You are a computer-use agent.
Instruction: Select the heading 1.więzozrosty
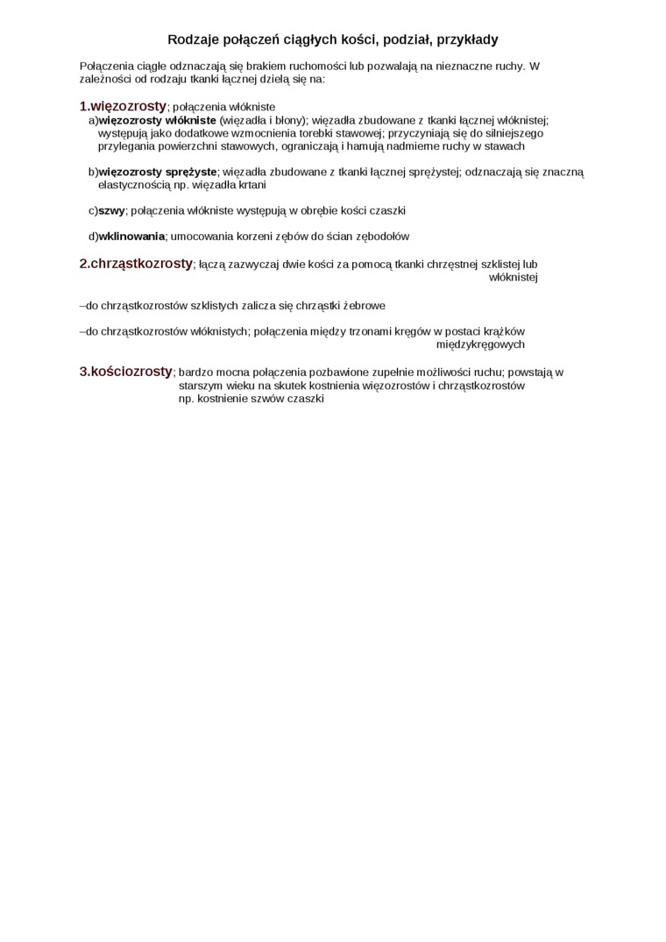tap(123, 106)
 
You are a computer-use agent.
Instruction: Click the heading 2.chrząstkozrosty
tap(136, 263)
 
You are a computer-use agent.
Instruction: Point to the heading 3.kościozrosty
tap(126, 372)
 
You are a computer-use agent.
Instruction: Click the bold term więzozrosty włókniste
tap(158, 120)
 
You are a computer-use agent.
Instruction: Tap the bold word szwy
tap(111, 210)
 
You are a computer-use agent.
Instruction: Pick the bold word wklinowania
tap(131, 236)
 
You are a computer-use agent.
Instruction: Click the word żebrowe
tap(365, 306)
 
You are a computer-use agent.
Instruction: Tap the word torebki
tap(299, 133)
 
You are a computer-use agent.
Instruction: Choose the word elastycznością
tap(134, 185)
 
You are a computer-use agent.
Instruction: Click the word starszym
tap(199, 386)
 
